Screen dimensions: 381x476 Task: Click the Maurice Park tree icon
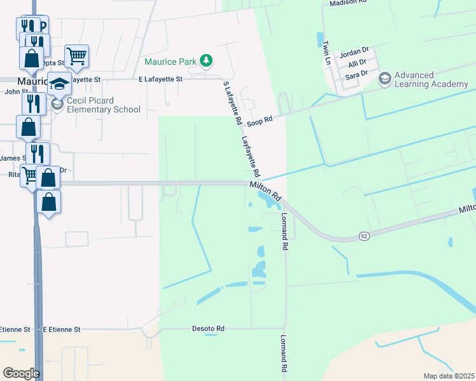[x=206, y=61]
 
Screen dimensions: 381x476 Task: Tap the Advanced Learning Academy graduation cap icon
[x=384, y=79]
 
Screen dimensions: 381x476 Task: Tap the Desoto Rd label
[x=208, y=329]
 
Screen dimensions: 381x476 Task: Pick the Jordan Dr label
[x=354, y=51]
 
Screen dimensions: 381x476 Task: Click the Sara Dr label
[x=356, y=75]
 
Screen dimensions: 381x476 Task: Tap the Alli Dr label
[x=357, y=63]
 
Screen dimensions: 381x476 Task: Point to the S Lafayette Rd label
[x=232, y=102]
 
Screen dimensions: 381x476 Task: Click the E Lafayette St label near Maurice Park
[x=160, y=79]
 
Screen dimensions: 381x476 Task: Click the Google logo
[x=21, y=373]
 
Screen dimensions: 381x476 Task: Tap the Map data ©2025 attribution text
[x=448, y=376]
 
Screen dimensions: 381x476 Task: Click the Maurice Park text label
[x=170, y=62]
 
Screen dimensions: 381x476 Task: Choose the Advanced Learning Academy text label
[x=431, y=79]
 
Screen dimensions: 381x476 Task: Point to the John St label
[x=12, y=91]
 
